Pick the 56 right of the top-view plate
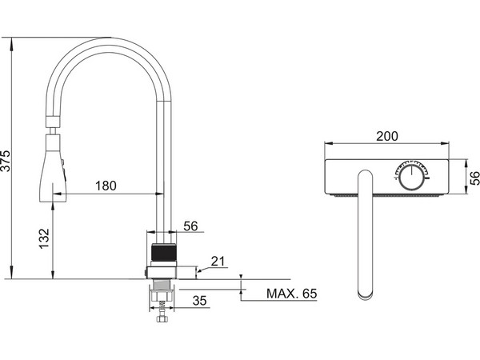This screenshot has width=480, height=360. click(472, 177)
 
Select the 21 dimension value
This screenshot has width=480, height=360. click(218, 262)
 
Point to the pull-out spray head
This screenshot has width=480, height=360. click(52, 170)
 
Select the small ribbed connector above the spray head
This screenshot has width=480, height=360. click(51, 124)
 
